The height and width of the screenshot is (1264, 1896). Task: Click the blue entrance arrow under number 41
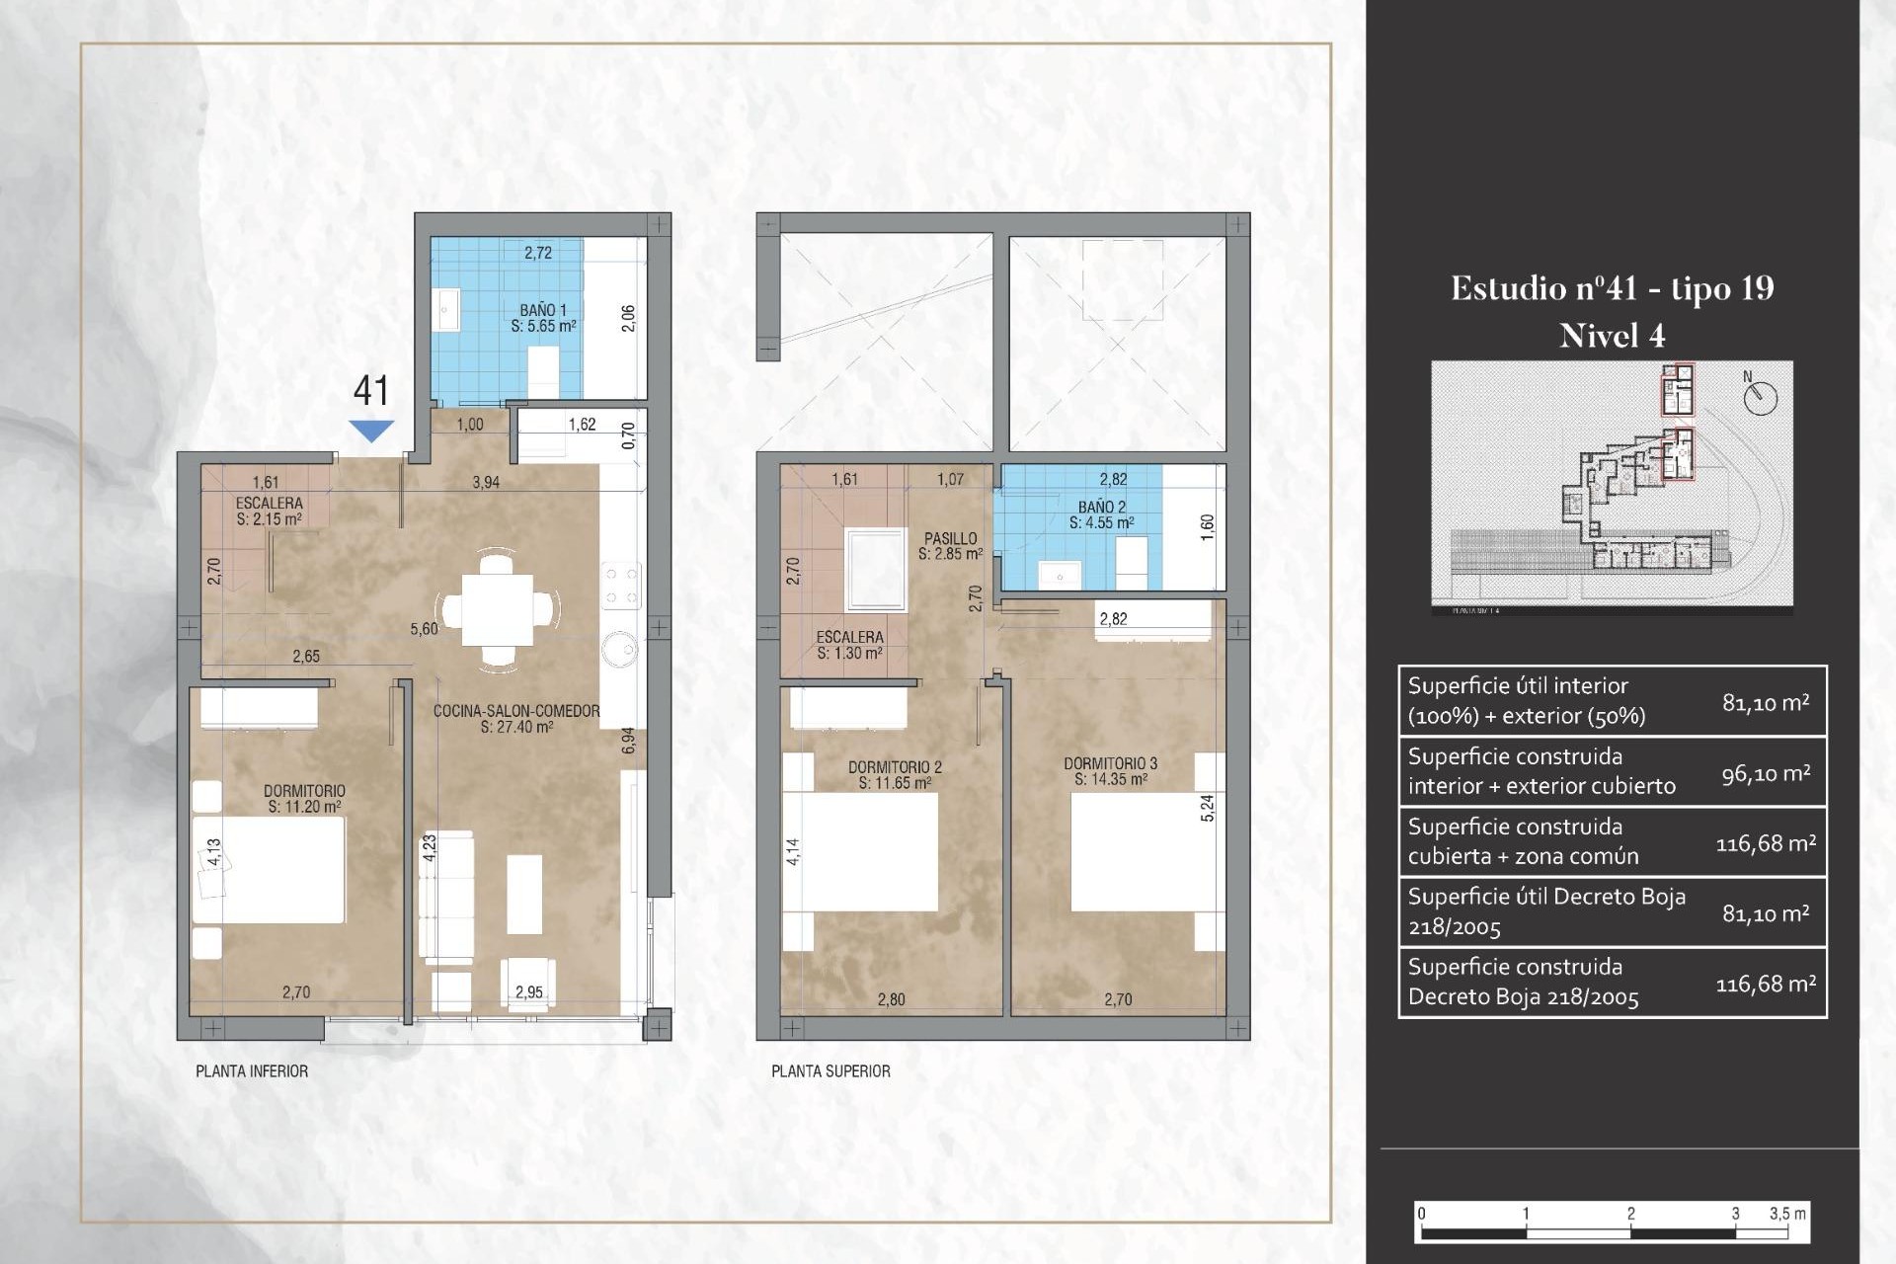(x=371, y=431)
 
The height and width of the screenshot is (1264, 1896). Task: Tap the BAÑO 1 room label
(x=543, y=317)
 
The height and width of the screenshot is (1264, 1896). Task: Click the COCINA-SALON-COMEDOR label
(x=516, y=718)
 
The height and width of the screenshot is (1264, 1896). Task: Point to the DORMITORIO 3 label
(x=1110, y=771)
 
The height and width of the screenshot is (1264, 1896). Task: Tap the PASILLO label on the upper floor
(x=950, y=546)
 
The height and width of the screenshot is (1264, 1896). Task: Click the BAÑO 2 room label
(x=1101, y=514)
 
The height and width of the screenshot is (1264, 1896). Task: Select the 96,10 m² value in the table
(x=1765, y=773)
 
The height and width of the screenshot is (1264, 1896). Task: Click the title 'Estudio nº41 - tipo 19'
(x=1612, y=288)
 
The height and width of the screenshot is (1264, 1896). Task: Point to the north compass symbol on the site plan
(x=1760, y=397)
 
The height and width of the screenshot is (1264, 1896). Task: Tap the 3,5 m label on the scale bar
(x=1786, y=1214)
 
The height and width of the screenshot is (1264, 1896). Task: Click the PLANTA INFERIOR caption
(x=252, y=1071)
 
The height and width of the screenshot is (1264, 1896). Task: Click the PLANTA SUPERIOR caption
(x=830, y=1071)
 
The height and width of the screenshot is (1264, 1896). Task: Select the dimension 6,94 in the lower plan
(x=629, y=741)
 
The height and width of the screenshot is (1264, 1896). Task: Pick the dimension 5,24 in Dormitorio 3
(x=1207, y=808)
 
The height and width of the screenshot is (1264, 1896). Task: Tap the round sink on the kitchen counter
(x=621, y=649)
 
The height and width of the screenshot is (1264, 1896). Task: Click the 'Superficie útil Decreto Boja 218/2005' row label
(x=1545, y=911)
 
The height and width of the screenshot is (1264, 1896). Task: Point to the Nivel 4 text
(x=1612, y=336)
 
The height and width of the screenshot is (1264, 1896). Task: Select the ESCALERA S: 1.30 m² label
(x=849, y=645)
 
